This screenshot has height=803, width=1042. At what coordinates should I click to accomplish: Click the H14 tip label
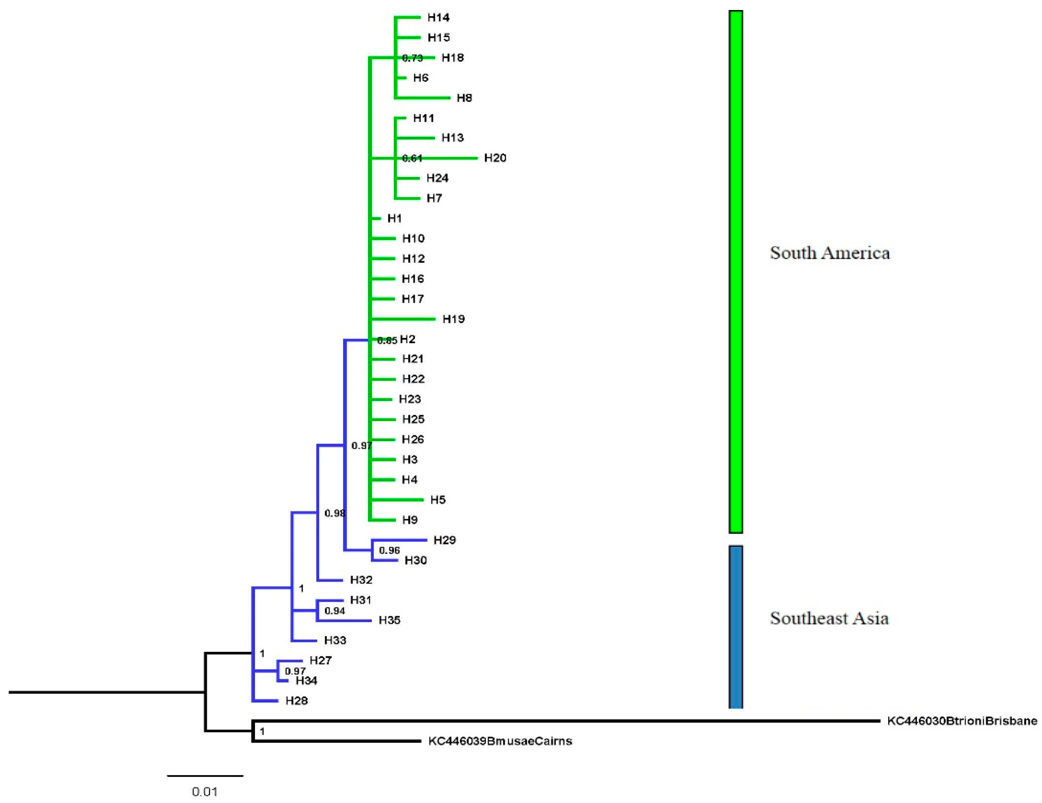pyautogui.click(x=438, y=18)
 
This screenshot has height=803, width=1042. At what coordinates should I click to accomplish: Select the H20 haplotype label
pyautogui.click(x=495, y=158)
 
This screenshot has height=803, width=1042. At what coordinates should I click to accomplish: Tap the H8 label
pyautogui.click(x=464, y=98)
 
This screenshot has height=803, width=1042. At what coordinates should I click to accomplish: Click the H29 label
pyautogui.click(x=444, y=540)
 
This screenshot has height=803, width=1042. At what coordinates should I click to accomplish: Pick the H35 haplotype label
pyautogui.click(x=389, y=620)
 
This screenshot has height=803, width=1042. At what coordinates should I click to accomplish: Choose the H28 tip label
pyautogui.click(x=296, y=701)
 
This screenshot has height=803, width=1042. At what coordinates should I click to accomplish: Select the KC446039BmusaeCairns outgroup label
pyautogui.click(x=500, y=741)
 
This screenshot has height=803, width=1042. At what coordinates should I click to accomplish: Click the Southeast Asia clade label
pyautogui.click(x=829, y=618)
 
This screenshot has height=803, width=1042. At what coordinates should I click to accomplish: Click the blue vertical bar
pyautogui.click(x=736, y=627)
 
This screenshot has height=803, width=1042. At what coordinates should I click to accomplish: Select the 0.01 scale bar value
pyautogui.click(x=205, y=792)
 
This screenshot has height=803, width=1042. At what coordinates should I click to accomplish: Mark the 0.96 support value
pyautogui.click(x=389, y=550)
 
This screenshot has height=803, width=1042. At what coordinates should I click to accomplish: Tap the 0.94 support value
pyautogui.click(x=334, y=611)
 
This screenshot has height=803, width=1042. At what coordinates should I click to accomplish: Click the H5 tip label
pyautogui.click(x=437, y=500)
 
